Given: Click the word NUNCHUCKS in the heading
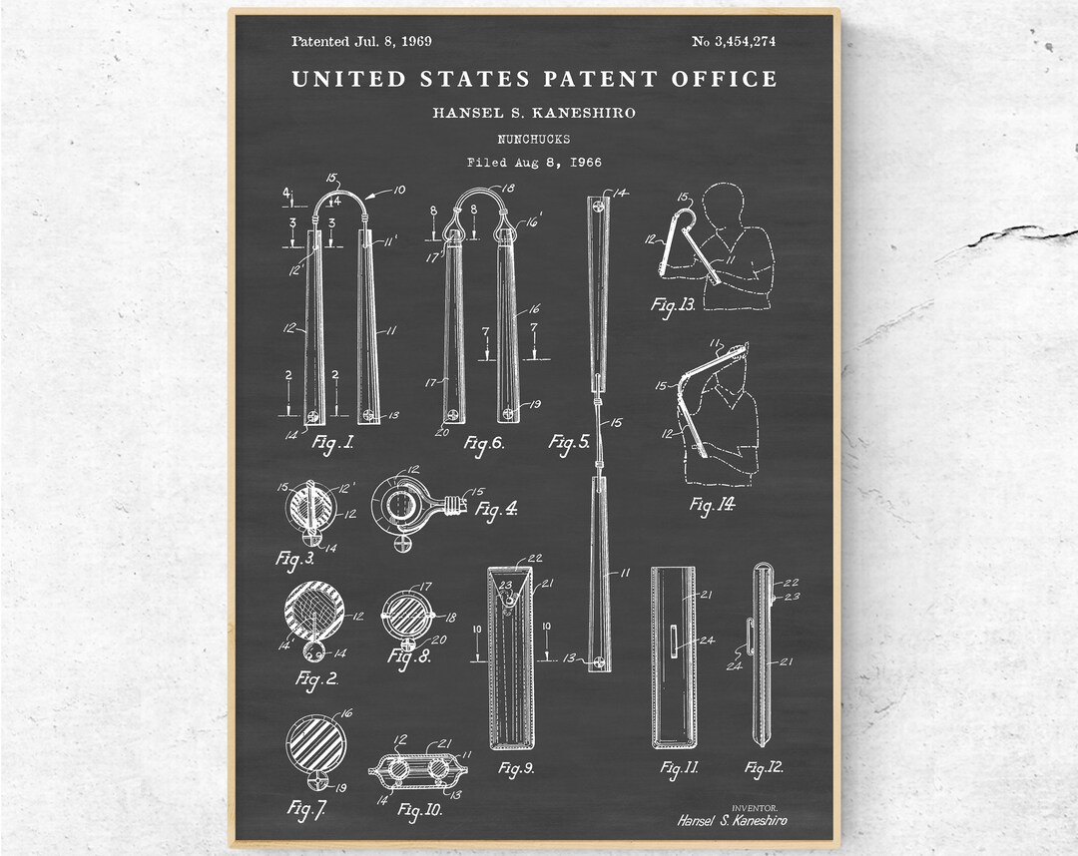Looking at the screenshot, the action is tap(534, 139).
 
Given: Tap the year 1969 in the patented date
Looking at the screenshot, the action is tap(416, 41).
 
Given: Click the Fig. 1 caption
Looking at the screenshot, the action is tap(332, 442).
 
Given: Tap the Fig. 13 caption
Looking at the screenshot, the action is tap(673, 304).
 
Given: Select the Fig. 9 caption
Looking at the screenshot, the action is tap(516, 768).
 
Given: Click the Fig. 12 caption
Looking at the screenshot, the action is tap(764, 766).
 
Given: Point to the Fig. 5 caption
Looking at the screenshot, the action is tap(569, 442).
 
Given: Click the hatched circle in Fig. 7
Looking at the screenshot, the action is tap(315, 742).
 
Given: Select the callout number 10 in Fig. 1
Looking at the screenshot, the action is tap(398, 190).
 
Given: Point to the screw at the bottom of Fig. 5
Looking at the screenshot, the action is tap(600, 662).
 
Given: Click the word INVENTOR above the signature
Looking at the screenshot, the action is tap(755, 808).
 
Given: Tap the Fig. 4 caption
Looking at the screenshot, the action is tap(497, 510).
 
